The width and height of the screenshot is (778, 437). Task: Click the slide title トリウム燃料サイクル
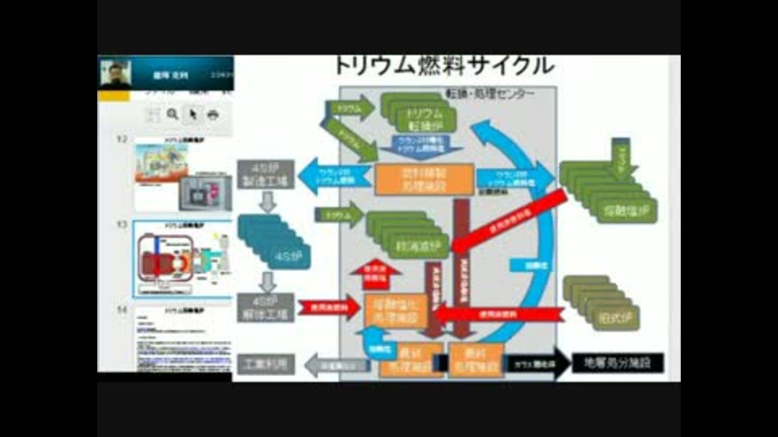tap(444, 65)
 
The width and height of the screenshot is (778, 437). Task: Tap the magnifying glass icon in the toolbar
tap(173, 115)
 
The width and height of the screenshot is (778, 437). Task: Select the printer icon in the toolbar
tap(212, 115)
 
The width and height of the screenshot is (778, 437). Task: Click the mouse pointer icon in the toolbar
tap(193, 115)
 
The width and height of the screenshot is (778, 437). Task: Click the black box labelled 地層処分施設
tap(618, 363)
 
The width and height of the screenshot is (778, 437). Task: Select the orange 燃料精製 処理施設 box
tap(423, 179)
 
